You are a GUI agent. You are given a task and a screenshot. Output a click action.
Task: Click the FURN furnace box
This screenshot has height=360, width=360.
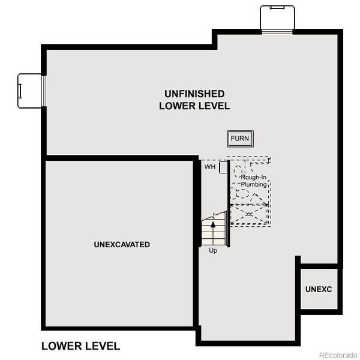(240, 139)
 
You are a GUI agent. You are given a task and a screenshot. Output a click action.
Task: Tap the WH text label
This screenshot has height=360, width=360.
(210, 167)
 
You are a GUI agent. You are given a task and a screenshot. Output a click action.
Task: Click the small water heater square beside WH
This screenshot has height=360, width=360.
(223, 166)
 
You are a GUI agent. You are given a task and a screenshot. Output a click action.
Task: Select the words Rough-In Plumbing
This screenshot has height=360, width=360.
(254, 181)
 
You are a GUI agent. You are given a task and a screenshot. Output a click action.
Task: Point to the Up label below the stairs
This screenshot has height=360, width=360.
(213, 250)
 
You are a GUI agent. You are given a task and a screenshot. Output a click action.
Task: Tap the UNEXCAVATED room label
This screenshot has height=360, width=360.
(122, 245)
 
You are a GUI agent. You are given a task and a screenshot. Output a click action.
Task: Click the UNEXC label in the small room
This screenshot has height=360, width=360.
(319, 289)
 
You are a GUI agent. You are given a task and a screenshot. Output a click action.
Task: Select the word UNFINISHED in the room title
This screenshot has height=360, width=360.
(194, 94)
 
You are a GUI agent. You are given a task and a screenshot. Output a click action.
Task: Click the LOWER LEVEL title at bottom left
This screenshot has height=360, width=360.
(80, 346)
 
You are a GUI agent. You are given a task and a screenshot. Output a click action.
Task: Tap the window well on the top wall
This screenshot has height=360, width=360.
(277, 18)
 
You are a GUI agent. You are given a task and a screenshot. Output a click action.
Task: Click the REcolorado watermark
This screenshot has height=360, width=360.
(337, 353)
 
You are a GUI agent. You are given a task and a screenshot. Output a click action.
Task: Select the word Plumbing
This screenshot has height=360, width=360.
(254, 185)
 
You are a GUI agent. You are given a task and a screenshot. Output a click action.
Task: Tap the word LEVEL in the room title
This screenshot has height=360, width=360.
(214, 106)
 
